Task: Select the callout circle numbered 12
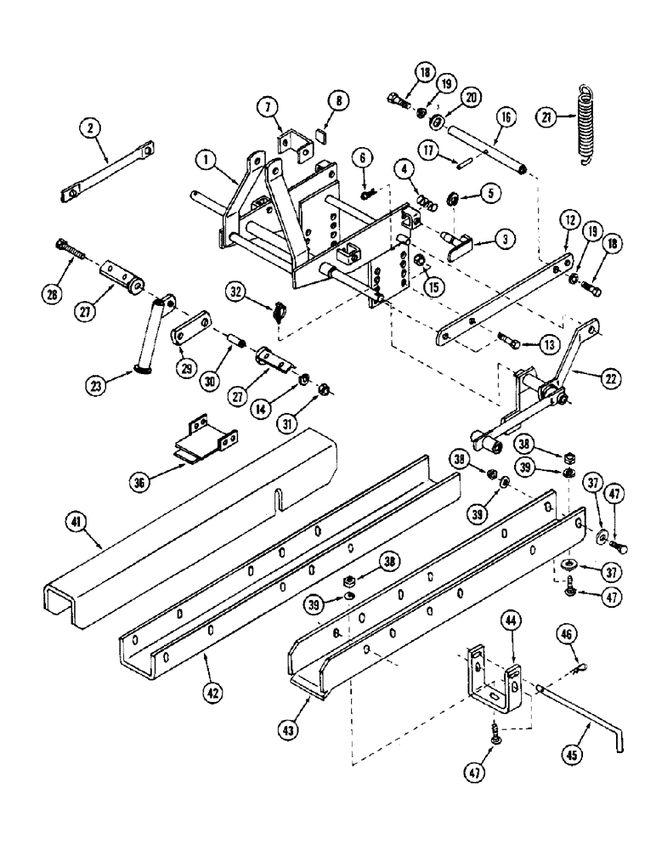(568, 221)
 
